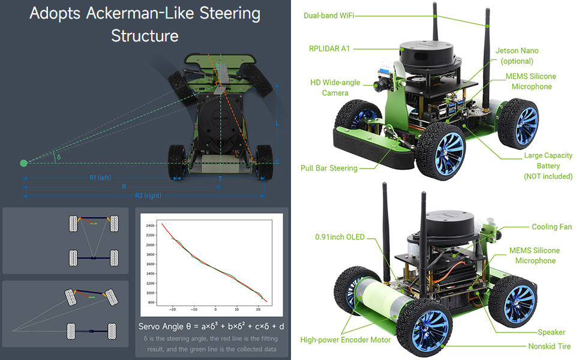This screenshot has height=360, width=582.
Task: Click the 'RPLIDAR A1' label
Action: [329, 49]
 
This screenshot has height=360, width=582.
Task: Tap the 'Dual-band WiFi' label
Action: [329, 16]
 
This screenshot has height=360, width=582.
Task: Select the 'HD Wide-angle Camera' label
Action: [335, 88]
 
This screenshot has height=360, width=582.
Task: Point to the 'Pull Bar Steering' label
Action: [329, 168]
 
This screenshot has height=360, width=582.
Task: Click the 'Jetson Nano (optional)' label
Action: [517, 56]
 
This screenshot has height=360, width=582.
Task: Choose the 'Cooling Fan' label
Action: [551, 227]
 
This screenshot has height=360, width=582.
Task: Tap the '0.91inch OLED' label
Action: [340, 237]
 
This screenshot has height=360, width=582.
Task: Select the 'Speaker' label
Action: [551, 332]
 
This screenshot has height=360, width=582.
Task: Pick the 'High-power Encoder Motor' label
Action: [346, 340]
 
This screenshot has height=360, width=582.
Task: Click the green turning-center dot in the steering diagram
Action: [23, 163]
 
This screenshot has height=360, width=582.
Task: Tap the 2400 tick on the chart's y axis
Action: [150, 226]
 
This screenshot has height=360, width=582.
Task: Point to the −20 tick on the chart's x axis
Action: [172, 310]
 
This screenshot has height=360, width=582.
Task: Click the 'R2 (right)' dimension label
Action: [148, 195]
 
